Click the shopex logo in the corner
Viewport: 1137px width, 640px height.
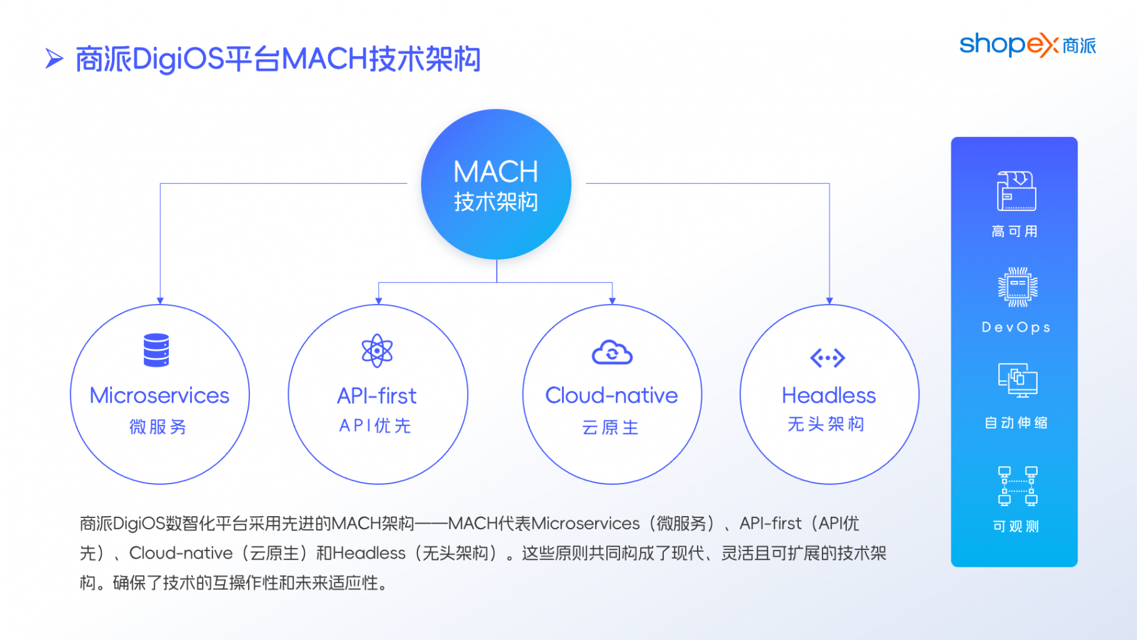point(1028,44)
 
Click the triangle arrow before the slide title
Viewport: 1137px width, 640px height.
point(54,59)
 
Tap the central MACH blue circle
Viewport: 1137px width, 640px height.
point(496,184)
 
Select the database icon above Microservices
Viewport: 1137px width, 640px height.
point(156,350)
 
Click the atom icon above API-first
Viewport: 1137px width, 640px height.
point(377,350)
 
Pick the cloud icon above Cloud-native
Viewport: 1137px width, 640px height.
point(612,352)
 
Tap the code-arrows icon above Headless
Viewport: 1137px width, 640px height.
point(828,358)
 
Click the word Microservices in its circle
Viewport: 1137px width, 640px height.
point(159,395)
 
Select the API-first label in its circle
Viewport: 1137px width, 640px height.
point(377,395)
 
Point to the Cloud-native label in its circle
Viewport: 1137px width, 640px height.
point(611,395)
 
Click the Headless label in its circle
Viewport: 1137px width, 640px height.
point(829,395)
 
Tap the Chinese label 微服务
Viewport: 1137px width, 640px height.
point(158,427)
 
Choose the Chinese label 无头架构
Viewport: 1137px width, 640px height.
point(826,424)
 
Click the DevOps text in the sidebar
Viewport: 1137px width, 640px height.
point(1016,327)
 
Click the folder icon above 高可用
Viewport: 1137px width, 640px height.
point(1016,191)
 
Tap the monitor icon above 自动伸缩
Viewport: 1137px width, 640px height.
point(1018,380)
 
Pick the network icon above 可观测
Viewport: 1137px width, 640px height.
point(1018,485)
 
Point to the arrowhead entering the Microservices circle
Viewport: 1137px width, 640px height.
point(160,301)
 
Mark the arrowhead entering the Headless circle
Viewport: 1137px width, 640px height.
point(829,301)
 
